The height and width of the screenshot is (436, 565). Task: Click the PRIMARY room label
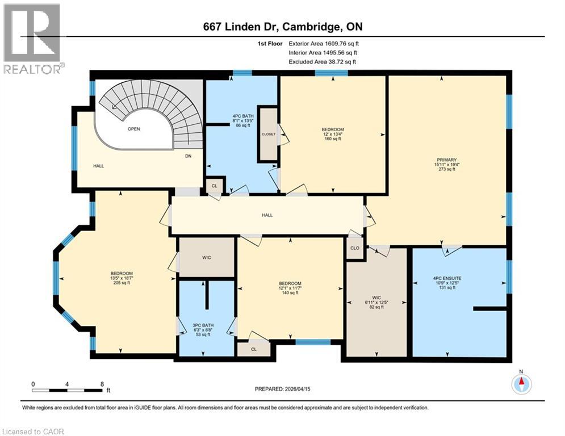(447, 160)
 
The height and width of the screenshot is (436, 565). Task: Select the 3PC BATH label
(202, 324)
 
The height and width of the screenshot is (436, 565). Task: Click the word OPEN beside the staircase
(133, 129)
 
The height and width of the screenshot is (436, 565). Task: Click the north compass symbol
(521, 384)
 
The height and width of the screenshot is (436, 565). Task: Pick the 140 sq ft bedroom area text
(290, 293)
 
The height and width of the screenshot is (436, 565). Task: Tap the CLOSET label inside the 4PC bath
(268, 135)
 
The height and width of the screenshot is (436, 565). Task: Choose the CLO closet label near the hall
(355, 248)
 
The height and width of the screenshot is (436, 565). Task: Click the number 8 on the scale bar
(101, 384)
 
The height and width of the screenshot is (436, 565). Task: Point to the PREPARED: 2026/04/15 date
(282, 389)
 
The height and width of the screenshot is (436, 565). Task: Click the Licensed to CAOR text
(33, 431)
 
